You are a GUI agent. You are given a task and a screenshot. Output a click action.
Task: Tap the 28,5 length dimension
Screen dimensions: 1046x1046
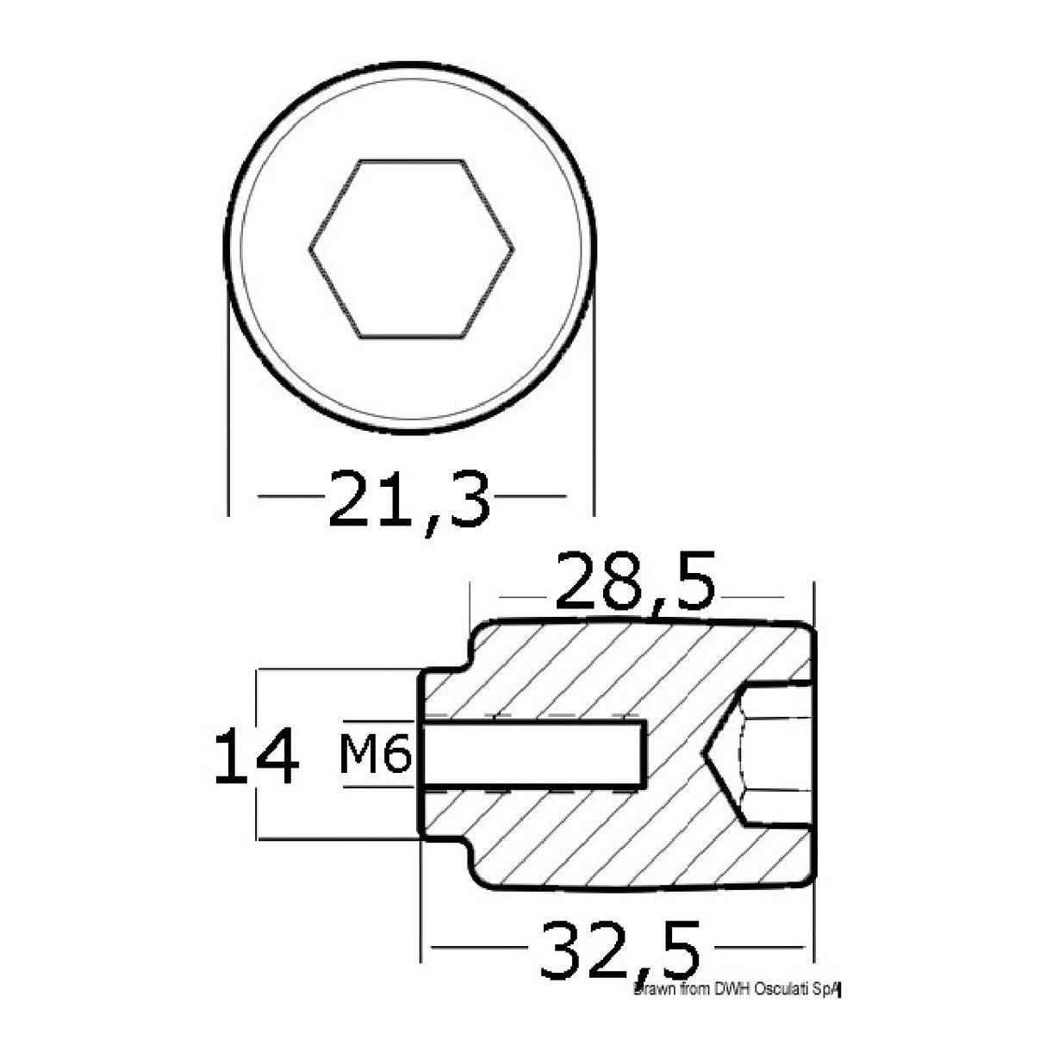click(636, 582)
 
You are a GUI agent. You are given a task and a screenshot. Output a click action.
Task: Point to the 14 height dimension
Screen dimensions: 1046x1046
click(256, 756)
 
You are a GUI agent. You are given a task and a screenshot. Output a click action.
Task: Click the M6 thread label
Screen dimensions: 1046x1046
click(374, 756)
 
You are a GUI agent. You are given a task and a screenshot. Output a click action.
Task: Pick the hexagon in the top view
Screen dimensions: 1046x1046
click(411, 248)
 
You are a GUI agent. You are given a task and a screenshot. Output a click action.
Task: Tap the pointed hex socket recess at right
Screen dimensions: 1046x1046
click(758, 755)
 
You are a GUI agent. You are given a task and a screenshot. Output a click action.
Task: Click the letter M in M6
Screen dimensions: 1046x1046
click(361, 756)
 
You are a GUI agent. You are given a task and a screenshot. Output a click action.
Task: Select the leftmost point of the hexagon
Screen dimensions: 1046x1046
click(309, 249)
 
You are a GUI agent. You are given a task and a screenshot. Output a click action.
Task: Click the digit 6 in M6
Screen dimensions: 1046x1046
click(395, 756)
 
